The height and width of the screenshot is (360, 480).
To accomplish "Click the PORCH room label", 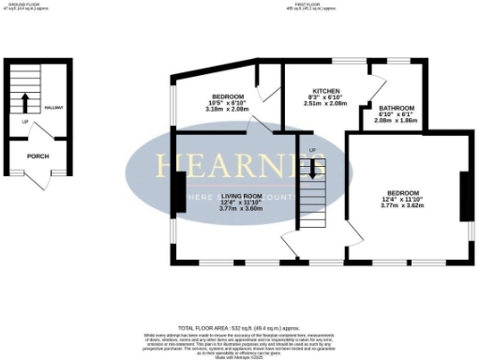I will click(37, 157).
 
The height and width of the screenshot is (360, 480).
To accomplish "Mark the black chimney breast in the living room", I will click(177, 191).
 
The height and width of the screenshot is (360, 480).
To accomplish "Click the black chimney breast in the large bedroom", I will click(463, 197).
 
